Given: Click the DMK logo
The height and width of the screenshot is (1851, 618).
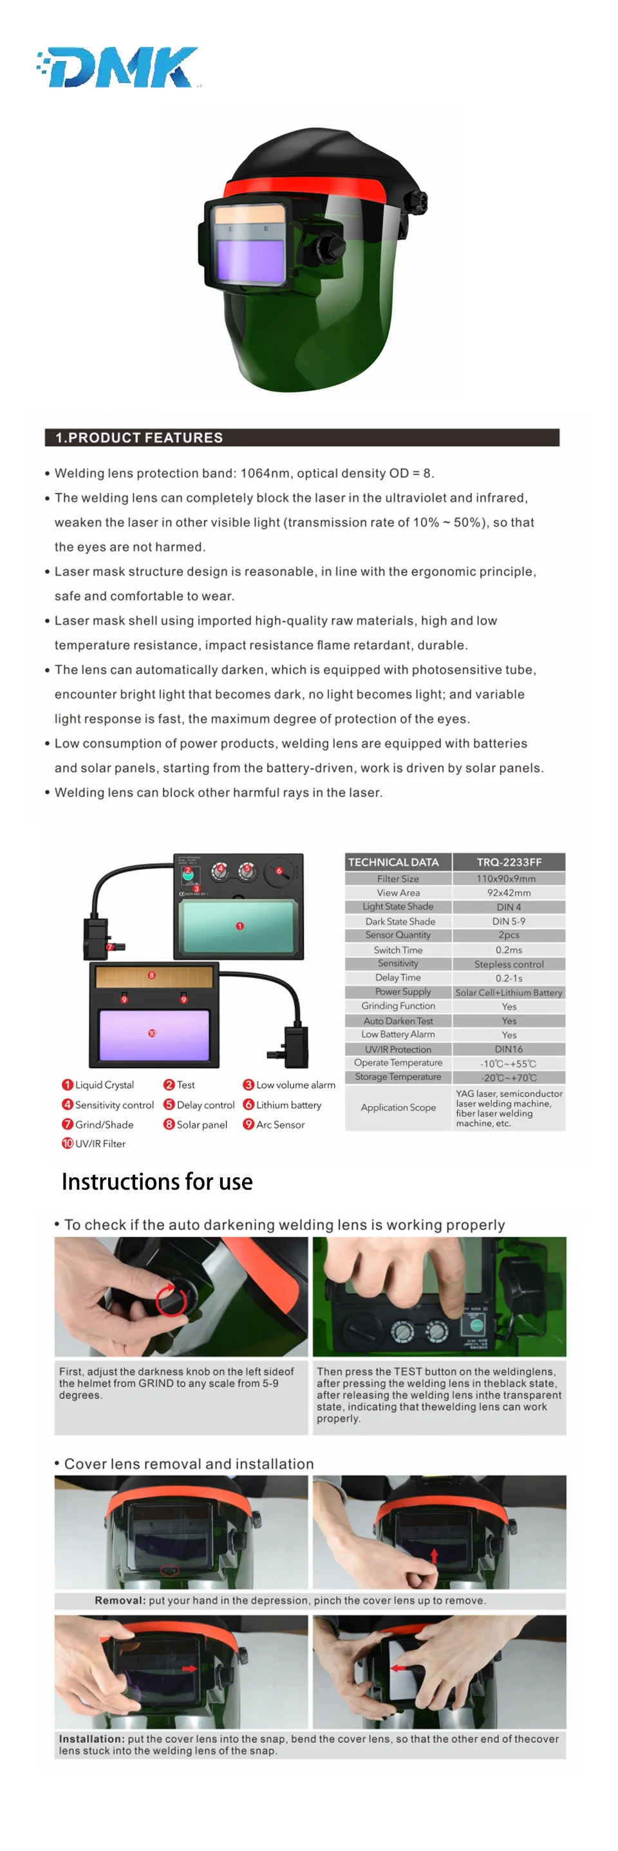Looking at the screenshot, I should coord(119,68).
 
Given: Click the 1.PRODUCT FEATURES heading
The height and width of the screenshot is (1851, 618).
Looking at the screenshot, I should coord(140,437).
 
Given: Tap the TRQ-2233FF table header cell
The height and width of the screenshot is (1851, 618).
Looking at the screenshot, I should coord(509,861).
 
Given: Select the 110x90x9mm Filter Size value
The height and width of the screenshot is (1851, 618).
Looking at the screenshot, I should coord(509,878).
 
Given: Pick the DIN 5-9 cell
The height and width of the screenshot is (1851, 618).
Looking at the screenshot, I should coord(509,921).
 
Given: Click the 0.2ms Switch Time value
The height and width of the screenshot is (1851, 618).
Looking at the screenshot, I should coord(509,950).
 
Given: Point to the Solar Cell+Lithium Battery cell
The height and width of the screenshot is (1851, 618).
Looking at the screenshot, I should coord(509,992).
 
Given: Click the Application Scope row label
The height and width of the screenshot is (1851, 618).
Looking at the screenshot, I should coord(398,1107).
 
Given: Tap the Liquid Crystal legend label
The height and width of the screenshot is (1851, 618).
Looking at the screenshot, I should coord(104,1085).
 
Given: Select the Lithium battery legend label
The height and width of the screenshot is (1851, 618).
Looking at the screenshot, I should coord(288,1105).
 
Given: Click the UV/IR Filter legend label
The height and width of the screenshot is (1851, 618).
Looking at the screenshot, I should coord(100,1143).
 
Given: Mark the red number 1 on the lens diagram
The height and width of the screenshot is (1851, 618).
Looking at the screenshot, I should coord(240,926).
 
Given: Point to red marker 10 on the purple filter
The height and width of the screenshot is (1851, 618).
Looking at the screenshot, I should coord(152,1033).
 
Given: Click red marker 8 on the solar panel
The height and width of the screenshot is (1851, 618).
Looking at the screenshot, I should coord(152,975).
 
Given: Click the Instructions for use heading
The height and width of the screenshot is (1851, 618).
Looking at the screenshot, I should coord(156,1182).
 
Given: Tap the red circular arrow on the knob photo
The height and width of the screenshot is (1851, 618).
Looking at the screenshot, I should coord(173,1298).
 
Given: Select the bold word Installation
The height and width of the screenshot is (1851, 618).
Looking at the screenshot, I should coord(91,1739).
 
